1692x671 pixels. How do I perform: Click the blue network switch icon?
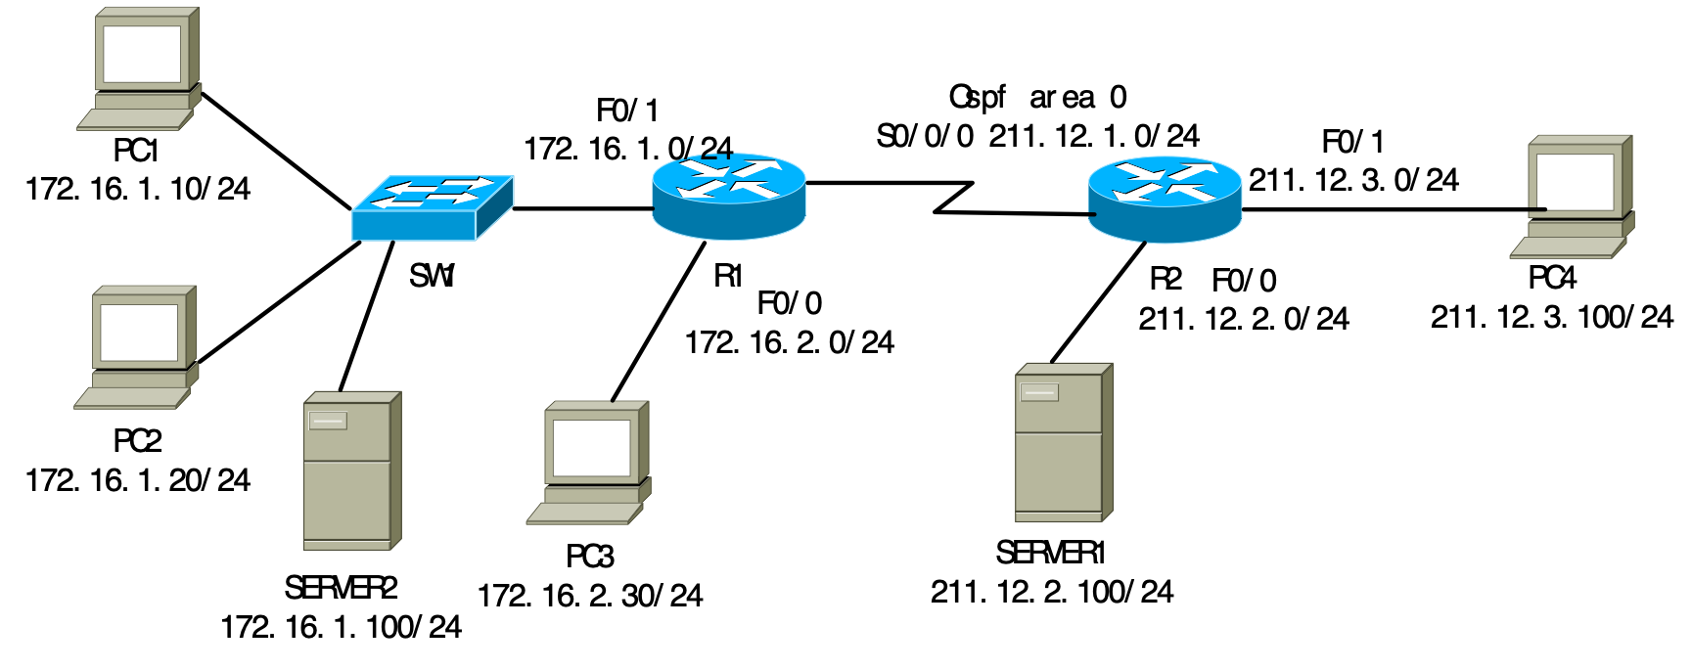(432, 207)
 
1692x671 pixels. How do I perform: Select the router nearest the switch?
(728, 196)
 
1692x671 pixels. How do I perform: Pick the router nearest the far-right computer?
(1165, 200)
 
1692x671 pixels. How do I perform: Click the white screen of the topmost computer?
(142, 54)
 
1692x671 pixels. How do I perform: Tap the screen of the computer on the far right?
(1575, 181)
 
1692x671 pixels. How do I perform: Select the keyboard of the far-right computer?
(1564, 247)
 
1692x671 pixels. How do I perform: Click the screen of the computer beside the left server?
(591, 448)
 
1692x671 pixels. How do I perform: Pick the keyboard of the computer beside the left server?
(580, 514)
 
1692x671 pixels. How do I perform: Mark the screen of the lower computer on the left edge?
(139, 333)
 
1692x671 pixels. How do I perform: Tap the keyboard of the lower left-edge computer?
(128, 398)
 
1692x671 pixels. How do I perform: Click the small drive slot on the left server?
(328, 421)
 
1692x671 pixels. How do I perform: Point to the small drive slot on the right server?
(1039, 392)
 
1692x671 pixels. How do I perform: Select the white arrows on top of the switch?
(434, 192)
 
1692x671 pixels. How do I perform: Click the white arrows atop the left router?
(729, 179)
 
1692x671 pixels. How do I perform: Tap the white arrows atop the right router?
(1165, 182)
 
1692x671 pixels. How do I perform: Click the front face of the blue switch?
(413, 226)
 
